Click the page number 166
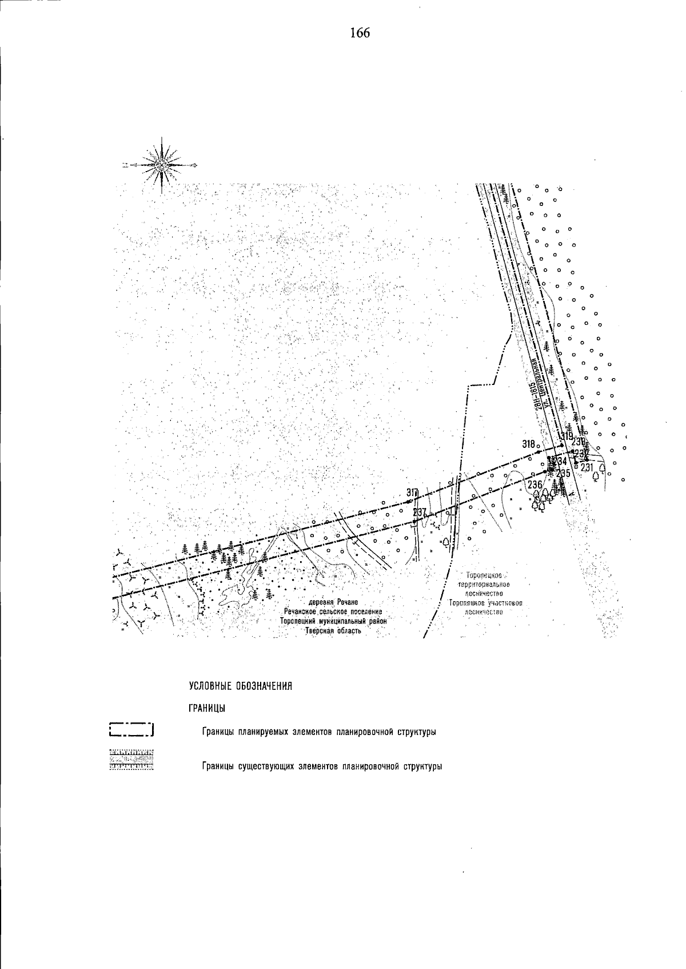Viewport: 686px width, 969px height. tap(360, 33)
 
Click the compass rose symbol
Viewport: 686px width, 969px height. tap(162, 165)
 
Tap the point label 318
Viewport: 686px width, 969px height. tap(528, 444)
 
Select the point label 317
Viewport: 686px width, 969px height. tap(412, 493)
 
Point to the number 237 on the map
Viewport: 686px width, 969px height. tap(419, 513)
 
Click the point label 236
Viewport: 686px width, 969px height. tap(535, 485)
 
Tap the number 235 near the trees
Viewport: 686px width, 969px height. tap(563, 473)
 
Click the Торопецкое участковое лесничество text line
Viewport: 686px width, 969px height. tap(486, 603)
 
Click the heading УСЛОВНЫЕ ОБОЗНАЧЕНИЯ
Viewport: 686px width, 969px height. tap(241, 686)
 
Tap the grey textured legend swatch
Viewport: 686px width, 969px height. tap(131, 760)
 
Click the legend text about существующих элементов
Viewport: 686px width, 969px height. tap(322, 767)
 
